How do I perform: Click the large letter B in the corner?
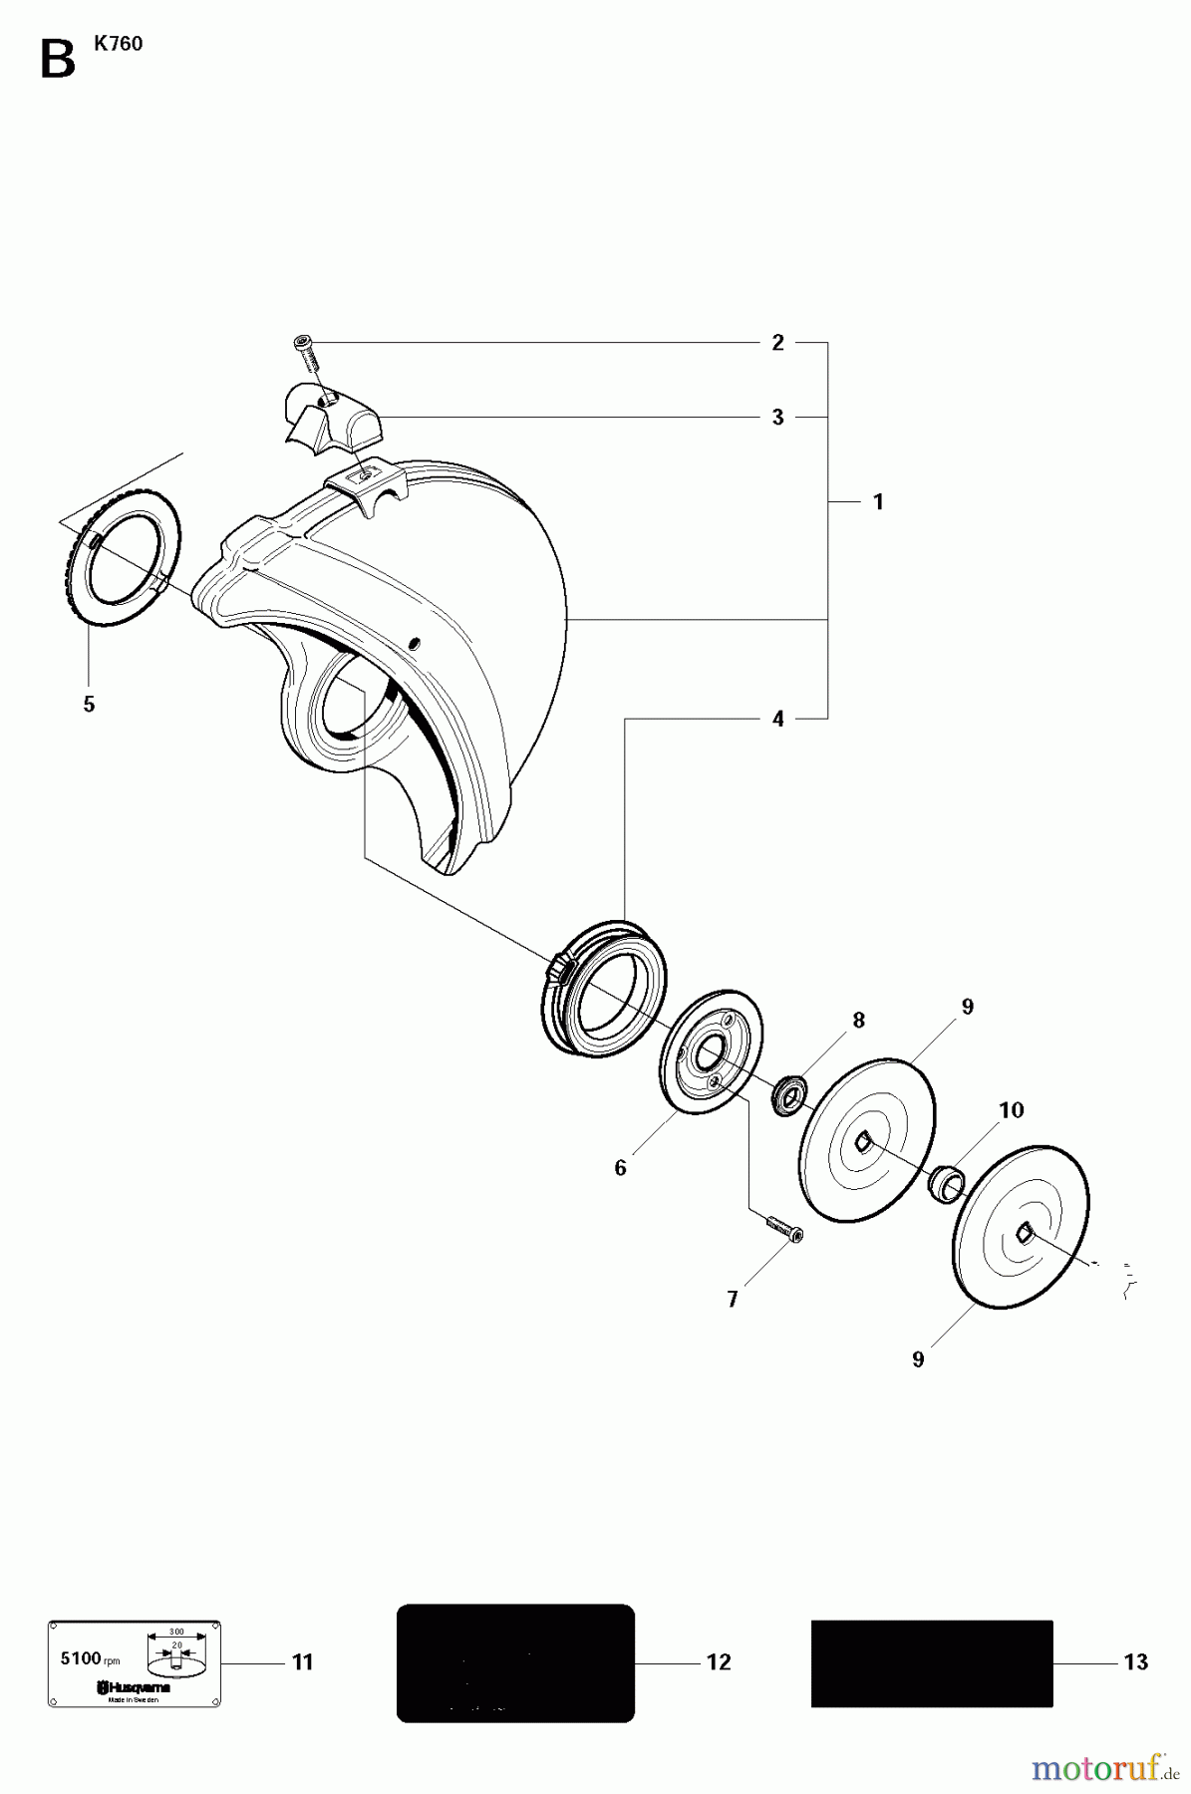[x=57, y=60]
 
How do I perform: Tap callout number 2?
[x=778, y=343]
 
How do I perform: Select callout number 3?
[x=778, y=417]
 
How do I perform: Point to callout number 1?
[x=878, y=502]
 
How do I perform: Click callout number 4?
[x=778, y=719]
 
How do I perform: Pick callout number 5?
[x=89, y=705]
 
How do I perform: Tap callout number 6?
[x=620, y=1167]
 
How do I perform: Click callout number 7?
[x=733, y=1299]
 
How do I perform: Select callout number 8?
[x=858, y=1020]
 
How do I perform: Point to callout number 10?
[x=1011, y=1110]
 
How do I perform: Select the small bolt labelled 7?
[x=784, y=1229]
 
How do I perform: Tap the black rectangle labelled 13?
[x=931, y=1662]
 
